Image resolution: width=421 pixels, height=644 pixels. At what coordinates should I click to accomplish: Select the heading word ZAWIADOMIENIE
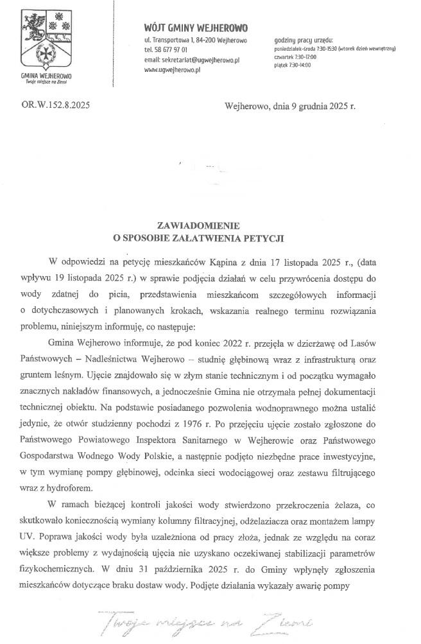(198, 225)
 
